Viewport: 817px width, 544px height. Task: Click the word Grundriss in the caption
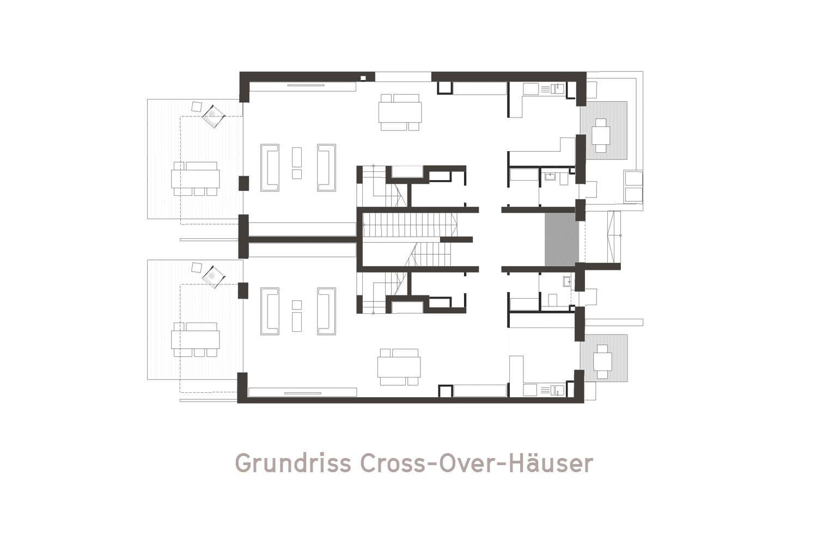tap(293, 464)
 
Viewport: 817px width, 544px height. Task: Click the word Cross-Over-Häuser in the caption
tap(477, 463)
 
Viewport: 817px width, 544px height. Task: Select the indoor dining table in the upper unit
tap(400, 112)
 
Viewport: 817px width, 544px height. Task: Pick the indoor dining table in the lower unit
tap(399, 367)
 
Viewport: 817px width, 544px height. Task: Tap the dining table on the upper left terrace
tap(196, 178)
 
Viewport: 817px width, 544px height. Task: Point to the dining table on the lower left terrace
tap(196, 339)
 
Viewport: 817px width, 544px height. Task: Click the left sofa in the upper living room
tap(270, 168)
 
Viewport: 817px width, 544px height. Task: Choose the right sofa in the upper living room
tap(326, 168)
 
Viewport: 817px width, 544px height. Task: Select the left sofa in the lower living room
tap(270, 311)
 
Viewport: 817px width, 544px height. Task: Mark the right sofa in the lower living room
tap(326, 311)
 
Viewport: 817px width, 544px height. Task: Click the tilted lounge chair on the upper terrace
tap(214, 116)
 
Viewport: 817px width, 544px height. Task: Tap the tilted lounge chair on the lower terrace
tap(214, 277)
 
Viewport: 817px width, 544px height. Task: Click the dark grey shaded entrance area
tap(562, 239)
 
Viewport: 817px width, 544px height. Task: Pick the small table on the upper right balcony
tap(601, 135)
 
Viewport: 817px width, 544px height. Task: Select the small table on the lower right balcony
tap(602, 362)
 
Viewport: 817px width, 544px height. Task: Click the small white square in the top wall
tap(363, 78)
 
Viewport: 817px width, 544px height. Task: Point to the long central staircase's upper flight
tap(410, 225)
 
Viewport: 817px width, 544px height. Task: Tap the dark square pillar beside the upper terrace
tap(243, 183)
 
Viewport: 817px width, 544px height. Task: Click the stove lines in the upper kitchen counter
tap(545, 89)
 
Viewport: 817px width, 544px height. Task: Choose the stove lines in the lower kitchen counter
tap(545, 391)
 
